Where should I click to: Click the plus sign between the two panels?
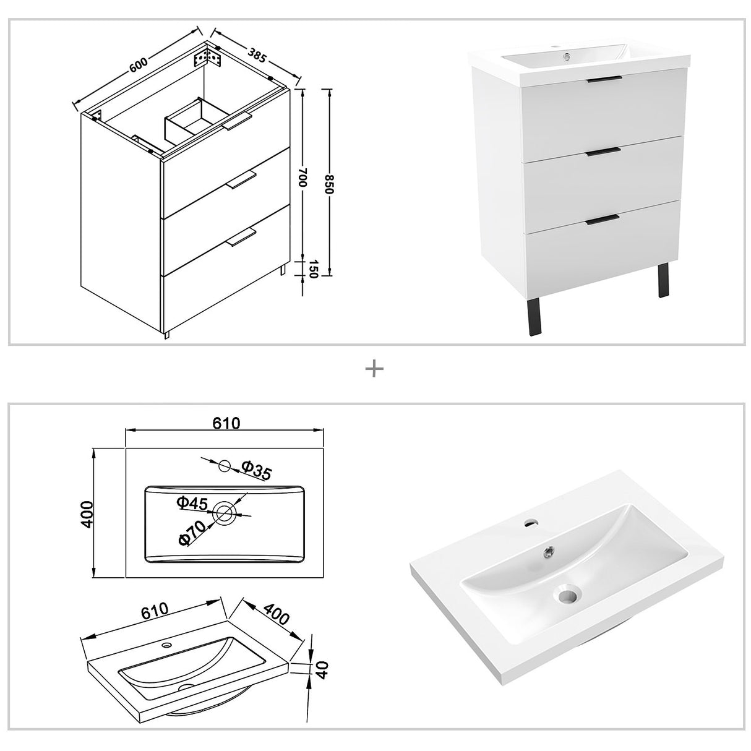click(x=375, y=369)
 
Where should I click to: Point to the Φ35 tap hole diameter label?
click(x=255, y=471)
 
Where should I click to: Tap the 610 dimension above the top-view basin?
click(x=226, y=423)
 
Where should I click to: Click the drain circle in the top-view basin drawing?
click(x=225, y=512)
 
